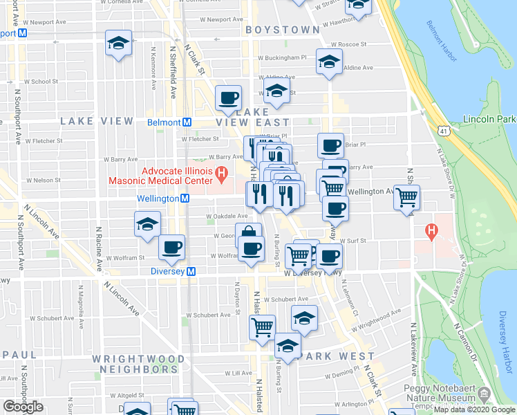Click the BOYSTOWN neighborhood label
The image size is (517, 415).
[x=282, y=30]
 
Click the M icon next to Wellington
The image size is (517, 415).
[x=185, y=199]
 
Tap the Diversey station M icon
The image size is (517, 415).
[x=191, y=272]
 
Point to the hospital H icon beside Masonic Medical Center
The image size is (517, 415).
[x=222, y=173]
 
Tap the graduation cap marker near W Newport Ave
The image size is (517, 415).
[x=118, y=44]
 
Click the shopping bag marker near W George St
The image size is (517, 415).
[x=248, y=234]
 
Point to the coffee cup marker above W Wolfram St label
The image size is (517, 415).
[x=172, y=247]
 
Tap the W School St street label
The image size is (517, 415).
[x=44, y=82]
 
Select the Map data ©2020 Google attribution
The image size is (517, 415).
[x=474, y=409]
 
